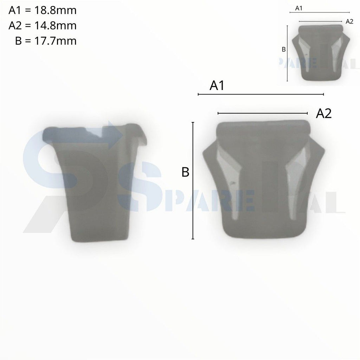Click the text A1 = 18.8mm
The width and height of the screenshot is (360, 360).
pos(42,11)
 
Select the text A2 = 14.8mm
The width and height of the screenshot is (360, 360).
pos(42,26)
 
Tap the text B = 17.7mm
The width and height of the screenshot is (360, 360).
pos(46,41)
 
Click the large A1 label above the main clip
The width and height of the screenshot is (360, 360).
pos(217,86)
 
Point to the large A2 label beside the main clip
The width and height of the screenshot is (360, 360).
pos(324,114)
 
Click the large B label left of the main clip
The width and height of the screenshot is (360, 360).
pos(185,172)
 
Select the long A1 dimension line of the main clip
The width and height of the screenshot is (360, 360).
pos(261,94)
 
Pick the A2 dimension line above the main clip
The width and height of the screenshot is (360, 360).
pos(263,113)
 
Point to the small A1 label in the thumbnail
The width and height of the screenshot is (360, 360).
pos(299,8)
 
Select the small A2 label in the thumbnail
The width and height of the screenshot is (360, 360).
pos(349,21)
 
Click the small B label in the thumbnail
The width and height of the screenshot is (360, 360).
pos(284,50)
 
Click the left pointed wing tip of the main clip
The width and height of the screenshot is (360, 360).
pos(204,151)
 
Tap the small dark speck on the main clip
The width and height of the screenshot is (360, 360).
pos(232,183)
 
